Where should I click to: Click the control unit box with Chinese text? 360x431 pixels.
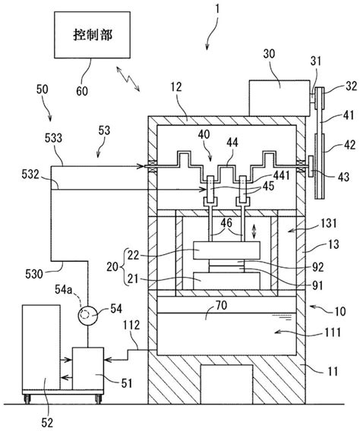pos(92,35)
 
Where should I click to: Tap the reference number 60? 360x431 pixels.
pos(82,91)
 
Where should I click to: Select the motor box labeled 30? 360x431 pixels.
pos(279,98)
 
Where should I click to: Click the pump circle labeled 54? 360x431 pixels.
pos(88,315)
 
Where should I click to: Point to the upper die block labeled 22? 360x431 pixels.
pos(226,250)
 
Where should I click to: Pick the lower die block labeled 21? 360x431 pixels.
pos(226,281)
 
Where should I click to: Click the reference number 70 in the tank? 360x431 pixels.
pos(221,305)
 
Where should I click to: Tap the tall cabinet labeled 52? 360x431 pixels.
pos(41,347)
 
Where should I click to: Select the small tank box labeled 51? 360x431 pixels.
pos(88,368)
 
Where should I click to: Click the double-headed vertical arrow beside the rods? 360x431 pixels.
pos(254,231)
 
